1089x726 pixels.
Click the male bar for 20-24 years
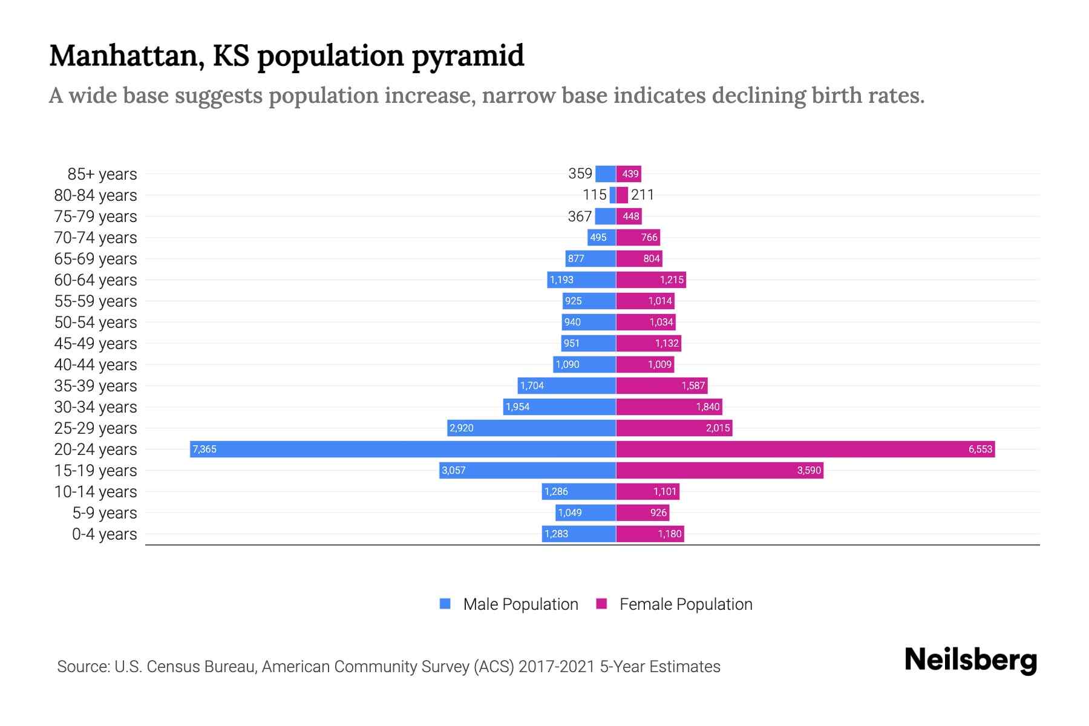(x=402, y=449)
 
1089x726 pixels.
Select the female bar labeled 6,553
(x=805, y=449)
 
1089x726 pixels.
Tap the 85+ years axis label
(x=102, y=174)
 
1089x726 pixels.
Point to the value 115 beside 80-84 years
(x=594, y=195)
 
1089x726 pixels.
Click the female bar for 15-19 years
(x=719, y=470)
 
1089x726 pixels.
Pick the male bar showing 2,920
(x=531, y=428)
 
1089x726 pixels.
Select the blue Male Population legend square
(x=445, y=604)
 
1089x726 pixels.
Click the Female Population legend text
(x=685, y=604)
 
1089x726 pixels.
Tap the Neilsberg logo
(x=970, y=660)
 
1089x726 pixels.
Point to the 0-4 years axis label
(x=104, y=534)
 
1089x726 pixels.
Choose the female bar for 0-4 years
(x=650, y=534)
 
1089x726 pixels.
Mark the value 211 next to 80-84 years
(x=642, y=195)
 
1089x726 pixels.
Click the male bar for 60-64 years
(x=581, y=280)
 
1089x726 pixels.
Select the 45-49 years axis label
(x=96, y=344)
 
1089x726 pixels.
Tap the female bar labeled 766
(x=638, y=237)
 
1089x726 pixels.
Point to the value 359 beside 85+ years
(x=580, y=174)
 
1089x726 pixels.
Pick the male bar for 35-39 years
(x=566, y=385)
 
